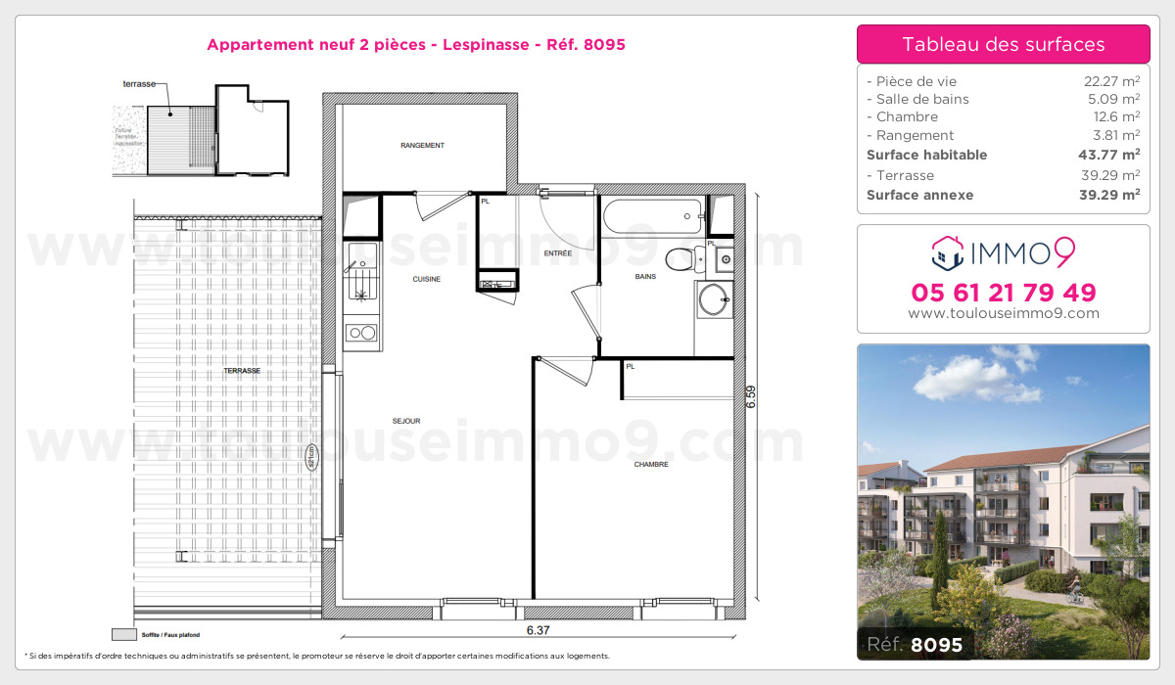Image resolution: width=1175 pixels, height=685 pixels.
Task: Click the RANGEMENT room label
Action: [x=422, y=146]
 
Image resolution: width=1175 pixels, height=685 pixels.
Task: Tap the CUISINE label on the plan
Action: [x=426, y=279]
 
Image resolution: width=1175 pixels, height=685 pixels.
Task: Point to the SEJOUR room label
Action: [x=405, y=421]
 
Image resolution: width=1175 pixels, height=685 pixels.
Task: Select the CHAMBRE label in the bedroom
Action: [x=651, y=464]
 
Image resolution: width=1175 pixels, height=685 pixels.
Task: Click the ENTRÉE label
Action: [x=558, y=253]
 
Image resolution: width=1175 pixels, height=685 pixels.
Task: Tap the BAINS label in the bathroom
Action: [x=645, y=277]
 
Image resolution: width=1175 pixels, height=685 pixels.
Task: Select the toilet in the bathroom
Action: [x=681, y=259]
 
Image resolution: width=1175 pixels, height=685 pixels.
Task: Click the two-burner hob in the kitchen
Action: [x=362, y=333]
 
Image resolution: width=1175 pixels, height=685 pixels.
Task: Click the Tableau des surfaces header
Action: [x=1003, y=44]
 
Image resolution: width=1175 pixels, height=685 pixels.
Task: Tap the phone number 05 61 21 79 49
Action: [x=1003, y=292]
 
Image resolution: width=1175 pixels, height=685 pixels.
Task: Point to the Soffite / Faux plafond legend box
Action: [x=124, y=633]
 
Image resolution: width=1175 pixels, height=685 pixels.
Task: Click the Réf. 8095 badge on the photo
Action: [x=916, y=645]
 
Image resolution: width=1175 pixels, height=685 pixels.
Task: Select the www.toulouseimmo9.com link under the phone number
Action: [x=1003, y=314]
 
